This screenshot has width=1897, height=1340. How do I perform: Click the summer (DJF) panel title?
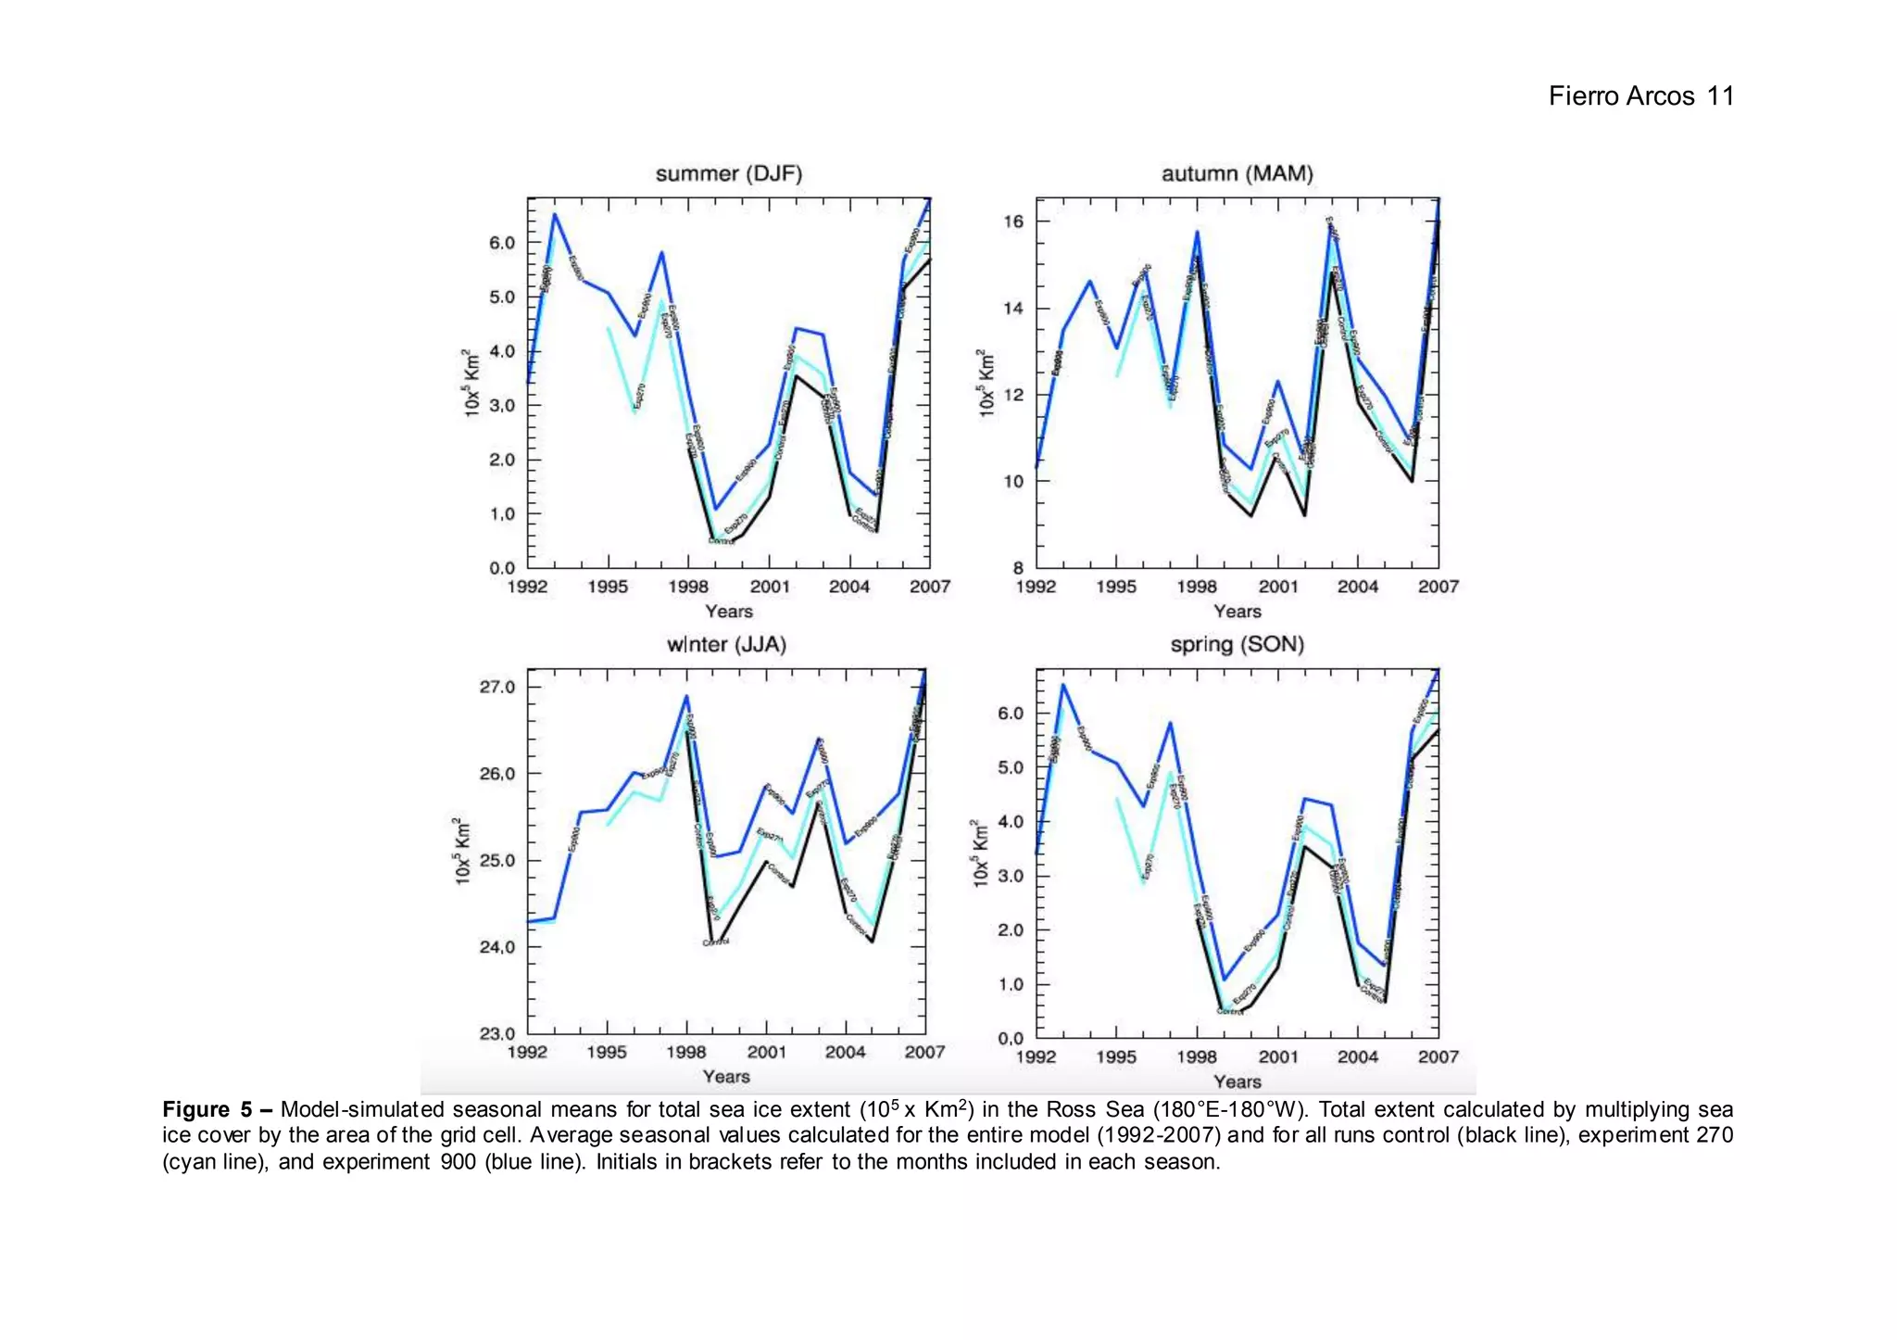click(x=728, y=174)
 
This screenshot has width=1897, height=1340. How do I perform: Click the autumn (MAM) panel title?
click(x=1237, y=174)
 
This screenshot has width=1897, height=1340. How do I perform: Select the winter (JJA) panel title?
click(x=726, y=645)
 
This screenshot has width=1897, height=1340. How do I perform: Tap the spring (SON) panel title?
click(x=1237, y=645)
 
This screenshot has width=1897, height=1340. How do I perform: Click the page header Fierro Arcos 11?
click(x=1640, y=96)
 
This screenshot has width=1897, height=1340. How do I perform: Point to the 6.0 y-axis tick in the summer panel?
click(x=502, y=243)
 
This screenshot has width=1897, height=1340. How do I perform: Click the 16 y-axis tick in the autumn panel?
click(x=1013, y=221)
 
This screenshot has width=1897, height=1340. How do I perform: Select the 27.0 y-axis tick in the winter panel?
click(x=497, y=687)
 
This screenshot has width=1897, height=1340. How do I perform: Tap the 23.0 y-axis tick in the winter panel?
click(x=497, y=1033)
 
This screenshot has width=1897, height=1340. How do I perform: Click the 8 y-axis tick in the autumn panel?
click(x=1018, y=567)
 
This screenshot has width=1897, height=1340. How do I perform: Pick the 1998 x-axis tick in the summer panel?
click(x=688, y=587)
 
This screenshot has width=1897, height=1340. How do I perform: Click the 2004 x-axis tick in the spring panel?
click(x=1357, y=1056)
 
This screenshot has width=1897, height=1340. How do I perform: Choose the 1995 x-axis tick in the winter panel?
click(x=607, y=1052)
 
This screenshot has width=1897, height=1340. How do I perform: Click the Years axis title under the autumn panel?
click(x=1237, y=612)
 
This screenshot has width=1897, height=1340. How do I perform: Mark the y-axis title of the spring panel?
click(x=981, y=853)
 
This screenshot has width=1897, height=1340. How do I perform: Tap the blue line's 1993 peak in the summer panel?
click(x=555, y=215)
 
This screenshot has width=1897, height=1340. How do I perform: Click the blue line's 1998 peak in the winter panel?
click(x=686, y=696)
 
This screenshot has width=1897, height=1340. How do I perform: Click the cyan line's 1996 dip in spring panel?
click(x=1144, y=882)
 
